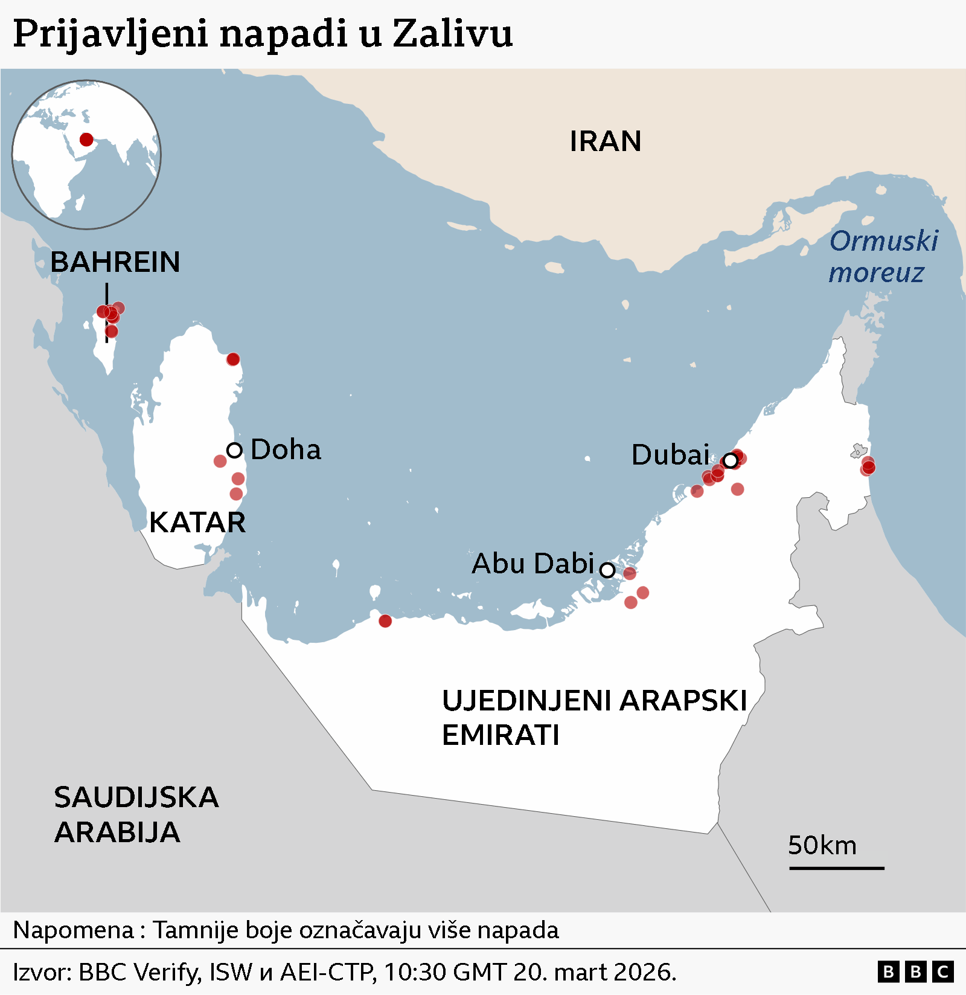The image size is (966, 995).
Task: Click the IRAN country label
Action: (x=605, y=141)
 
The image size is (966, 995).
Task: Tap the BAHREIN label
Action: (x=115, y=262)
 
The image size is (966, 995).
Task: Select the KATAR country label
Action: (x=197, y=523)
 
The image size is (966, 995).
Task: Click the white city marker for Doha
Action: (x=234, y=450)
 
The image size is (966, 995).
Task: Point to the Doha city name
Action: (x=286, y=450)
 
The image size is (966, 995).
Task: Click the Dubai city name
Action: (x=670, y=455)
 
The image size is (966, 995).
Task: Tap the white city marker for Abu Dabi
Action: (x=607, y=570)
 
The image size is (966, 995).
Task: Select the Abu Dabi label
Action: (x=533, y=564)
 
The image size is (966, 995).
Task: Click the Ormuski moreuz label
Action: (x=883, y=257)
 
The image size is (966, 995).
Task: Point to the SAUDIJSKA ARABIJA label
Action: (x=136, y=814)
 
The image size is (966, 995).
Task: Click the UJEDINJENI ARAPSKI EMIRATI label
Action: (x=594, y=718)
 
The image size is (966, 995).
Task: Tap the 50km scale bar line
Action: (x=836, y=868)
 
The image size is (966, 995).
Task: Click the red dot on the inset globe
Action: (x=86, y=140)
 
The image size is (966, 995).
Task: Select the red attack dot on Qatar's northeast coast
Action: (x=233, y=359)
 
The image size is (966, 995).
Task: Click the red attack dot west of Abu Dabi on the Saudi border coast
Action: (x=385, y=621)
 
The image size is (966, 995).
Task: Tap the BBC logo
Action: (x=915, y=972)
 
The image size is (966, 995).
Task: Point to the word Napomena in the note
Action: (x=73, y=930)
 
